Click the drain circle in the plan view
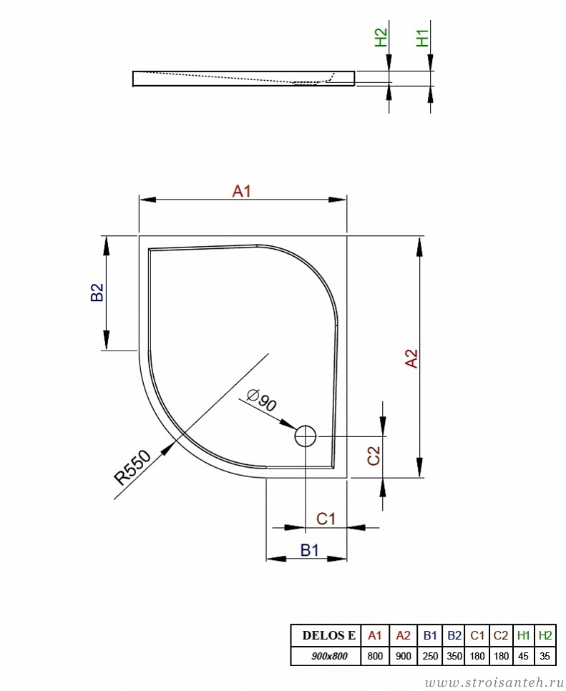(x=306, y=436)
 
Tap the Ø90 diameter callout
(x=262, y=399)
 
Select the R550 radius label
(x=132, y=468)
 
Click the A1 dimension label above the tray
(x=242, y=191)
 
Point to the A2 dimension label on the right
(x=411, y=358)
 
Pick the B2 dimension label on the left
(x=97, y=292)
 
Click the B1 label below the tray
(x=309, y=550)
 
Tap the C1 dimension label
(x=326, y=519)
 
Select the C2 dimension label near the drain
(x=374, y=456)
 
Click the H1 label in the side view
(x=422, y=38)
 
